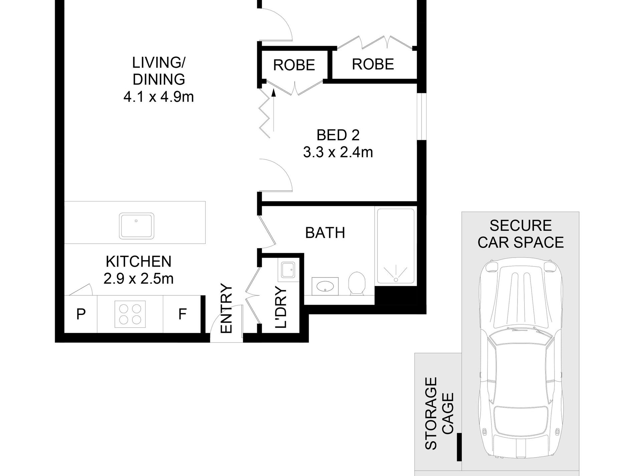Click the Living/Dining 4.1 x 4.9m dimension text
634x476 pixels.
point(158,97)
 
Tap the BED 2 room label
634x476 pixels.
point(338,135)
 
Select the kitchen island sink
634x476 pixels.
point(137,225)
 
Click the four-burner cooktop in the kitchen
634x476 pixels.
point(130,314)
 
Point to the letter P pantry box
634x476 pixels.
point(81,314)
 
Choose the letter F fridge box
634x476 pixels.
point(182,314)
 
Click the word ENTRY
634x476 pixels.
point(227,309)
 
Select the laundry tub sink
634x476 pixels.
point(287,270)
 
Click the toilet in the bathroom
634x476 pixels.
point(356,283)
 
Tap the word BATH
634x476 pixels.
point(325,233)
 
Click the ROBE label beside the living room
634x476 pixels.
point(294,65)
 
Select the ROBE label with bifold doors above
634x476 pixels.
point(373,64)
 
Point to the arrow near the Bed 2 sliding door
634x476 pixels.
point(274,110)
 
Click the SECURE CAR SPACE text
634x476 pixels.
point(521,234)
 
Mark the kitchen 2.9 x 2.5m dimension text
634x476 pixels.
point(138,279)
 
